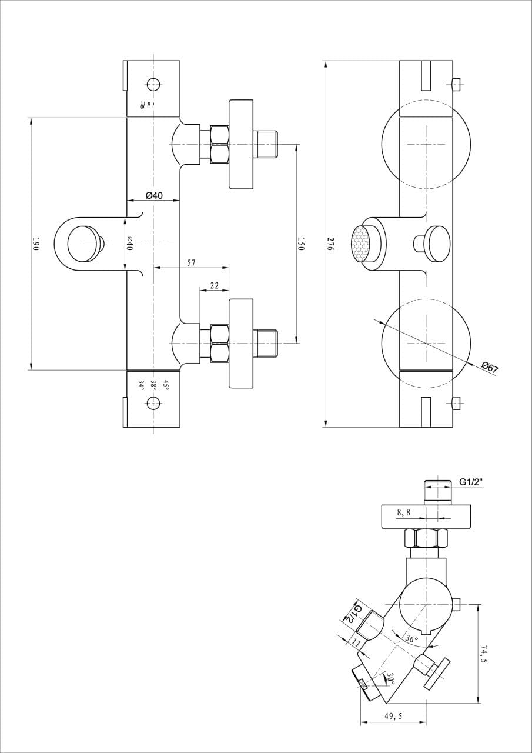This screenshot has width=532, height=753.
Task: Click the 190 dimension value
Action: point(36,244)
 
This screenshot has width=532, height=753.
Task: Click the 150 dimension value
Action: point(300,244)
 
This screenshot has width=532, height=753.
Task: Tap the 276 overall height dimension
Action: point(329,244)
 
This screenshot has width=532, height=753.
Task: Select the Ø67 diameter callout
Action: point(490,368)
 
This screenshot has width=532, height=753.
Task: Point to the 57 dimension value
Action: point(191,262)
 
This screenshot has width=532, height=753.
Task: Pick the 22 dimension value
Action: point(215,285)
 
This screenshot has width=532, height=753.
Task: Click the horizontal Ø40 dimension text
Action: point(155,195)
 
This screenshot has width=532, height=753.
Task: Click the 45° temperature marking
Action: point(166,385)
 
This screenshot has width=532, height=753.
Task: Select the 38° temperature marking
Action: point(154,385)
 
